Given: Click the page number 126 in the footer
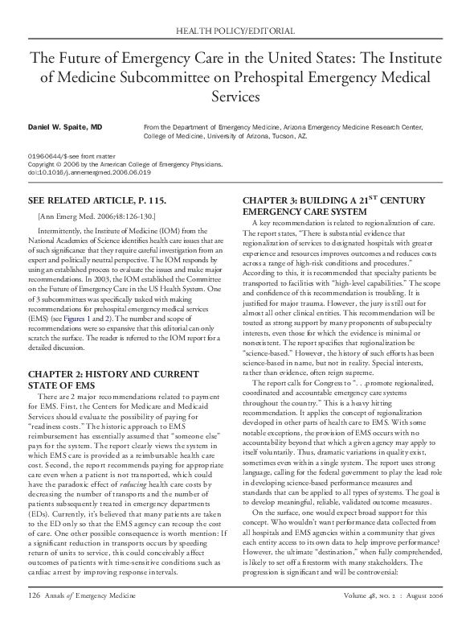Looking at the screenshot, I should point(35,619).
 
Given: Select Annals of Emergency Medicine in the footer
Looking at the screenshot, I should point(88,619).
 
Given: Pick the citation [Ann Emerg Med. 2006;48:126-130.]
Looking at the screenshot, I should point(97,216).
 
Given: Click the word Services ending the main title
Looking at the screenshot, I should point(235,96).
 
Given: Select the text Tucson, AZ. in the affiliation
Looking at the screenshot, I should point(289,137).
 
